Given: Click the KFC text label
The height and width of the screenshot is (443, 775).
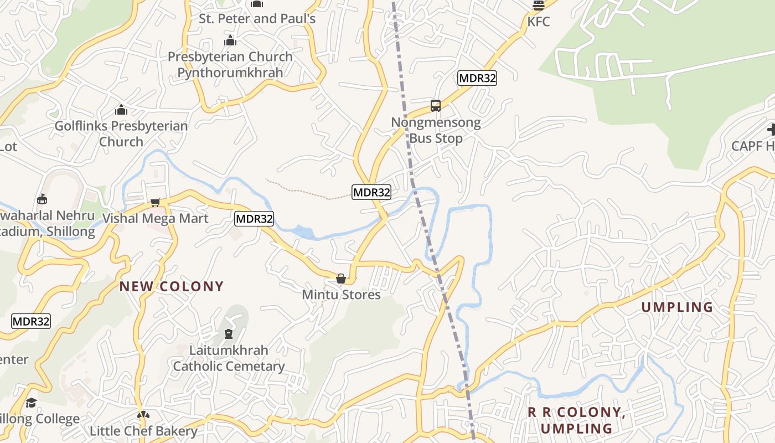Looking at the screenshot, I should click(x=539, y=22).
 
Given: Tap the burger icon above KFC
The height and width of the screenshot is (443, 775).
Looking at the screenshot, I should click(x=539, y=6).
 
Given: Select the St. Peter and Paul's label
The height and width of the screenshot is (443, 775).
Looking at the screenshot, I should click(x=257, y=19).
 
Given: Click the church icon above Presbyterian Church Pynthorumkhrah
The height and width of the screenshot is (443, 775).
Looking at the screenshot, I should click(x=230, y=40).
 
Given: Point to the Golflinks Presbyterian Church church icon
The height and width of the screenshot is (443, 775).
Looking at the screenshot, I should click(x=121, y=110).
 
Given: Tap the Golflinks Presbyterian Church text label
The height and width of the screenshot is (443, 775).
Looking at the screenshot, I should click(x=121, y=133).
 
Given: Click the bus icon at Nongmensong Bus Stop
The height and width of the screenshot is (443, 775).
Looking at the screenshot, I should click(x=436, y=105).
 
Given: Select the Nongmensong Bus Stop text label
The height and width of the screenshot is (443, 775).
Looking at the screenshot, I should click(x=436, y=130).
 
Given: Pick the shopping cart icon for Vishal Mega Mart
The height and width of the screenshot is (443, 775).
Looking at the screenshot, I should click(x=156, y=202).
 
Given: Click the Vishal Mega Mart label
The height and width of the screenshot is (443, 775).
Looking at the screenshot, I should click(x=156, y=218).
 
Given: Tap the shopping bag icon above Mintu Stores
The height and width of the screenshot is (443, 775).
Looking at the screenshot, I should click(x=341, y=278).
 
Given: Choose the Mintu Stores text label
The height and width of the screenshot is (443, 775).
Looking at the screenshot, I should click(x=341, y=295).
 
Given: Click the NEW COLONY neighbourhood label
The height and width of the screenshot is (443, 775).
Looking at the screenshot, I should click(x=172, y=286).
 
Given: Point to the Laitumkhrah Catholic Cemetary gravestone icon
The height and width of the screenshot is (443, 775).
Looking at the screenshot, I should click(x=228, y=334).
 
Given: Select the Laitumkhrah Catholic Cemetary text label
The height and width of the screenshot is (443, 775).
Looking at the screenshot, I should click(x=229, y=358).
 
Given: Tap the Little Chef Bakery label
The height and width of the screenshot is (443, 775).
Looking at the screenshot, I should click(x=143, y=431).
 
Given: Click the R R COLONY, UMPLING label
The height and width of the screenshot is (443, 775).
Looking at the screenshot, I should click(x=576, y=420).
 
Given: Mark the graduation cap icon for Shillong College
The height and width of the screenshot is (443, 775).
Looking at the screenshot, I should click(x=31, y=403).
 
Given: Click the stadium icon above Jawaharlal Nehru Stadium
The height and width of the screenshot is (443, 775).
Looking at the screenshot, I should click(x=42, y=199).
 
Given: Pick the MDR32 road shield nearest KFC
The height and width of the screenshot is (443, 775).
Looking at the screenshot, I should click(x=477, y=78).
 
